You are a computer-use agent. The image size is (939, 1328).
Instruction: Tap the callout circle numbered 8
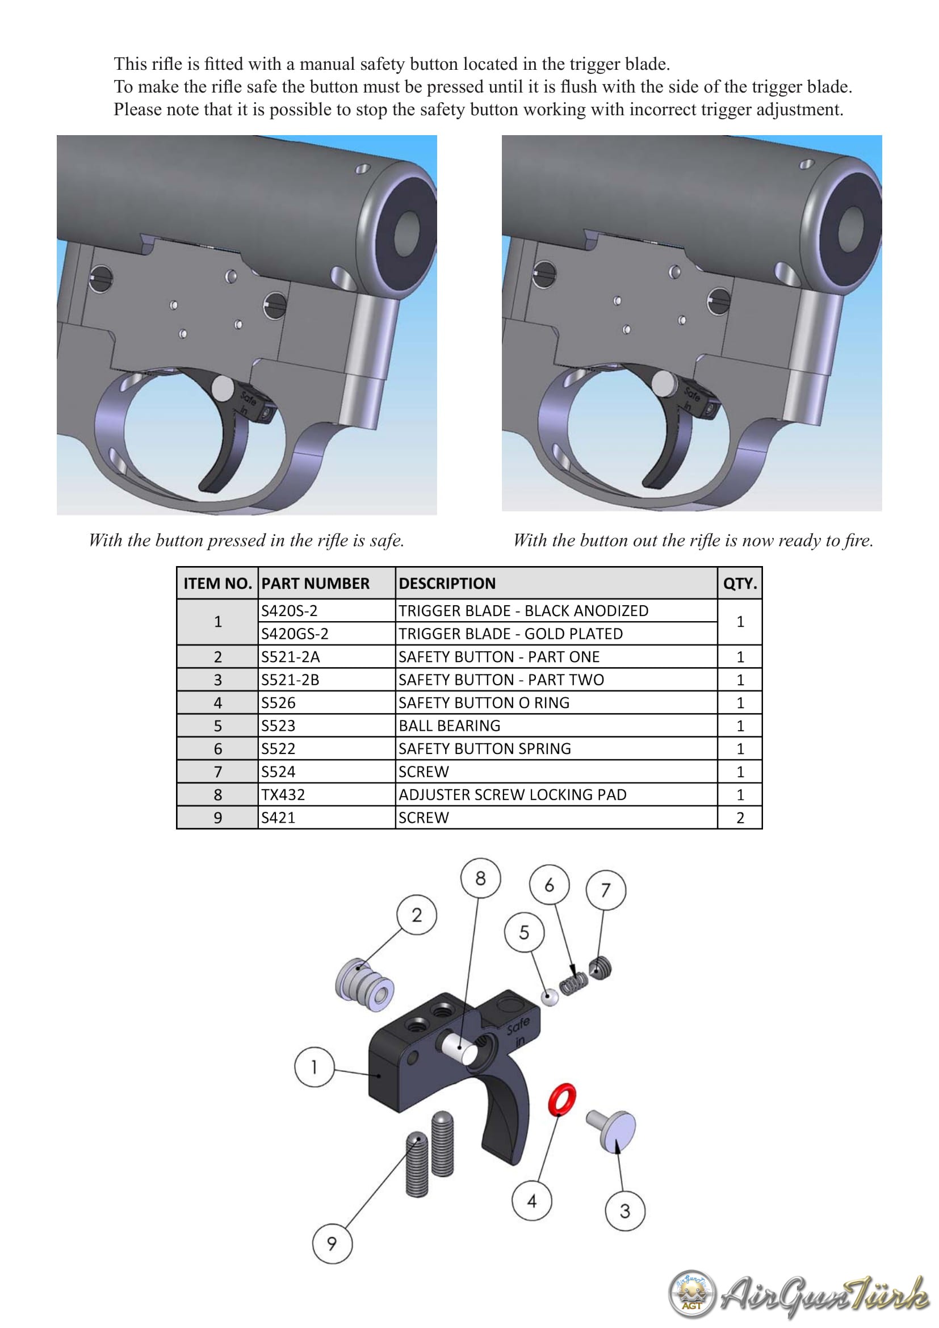[480, 878]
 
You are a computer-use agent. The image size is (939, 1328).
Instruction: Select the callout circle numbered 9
[332, 1243]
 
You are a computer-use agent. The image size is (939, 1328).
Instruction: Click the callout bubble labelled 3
[624, 1210]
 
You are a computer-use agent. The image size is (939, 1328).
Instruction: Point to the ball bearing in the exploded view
[550, 996]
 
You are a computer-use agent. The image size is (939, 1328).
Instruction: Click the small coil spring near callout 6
[573, 985]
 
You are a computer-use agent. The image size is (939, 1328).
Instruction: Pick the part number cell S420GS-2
[326, 634]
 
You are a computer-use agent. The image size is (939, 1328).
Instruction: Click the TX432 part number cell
[326, 794]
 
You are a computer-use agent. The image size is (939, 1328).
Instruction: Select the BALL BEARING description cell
[556, 725]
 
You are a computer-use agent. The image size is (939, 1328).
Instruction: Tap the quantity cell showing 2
[740, 817]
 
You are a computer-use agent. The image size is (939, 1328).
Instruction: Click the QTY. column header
[740, 583]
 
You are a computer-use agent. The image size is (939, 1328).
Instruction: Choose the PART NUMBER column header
[326, 583]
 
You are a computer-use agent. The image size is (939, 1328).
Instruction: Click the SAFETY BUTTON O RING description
[484, 702]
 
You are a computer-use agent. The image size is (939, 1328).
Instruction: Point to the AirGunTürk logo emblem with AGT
[691, 1294]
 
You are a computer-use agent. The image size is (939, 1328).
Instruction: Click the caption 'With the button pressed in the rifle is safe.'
[246, 540]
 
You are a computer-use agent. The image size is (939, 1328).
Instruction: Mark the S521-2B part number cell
[326, 679]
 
